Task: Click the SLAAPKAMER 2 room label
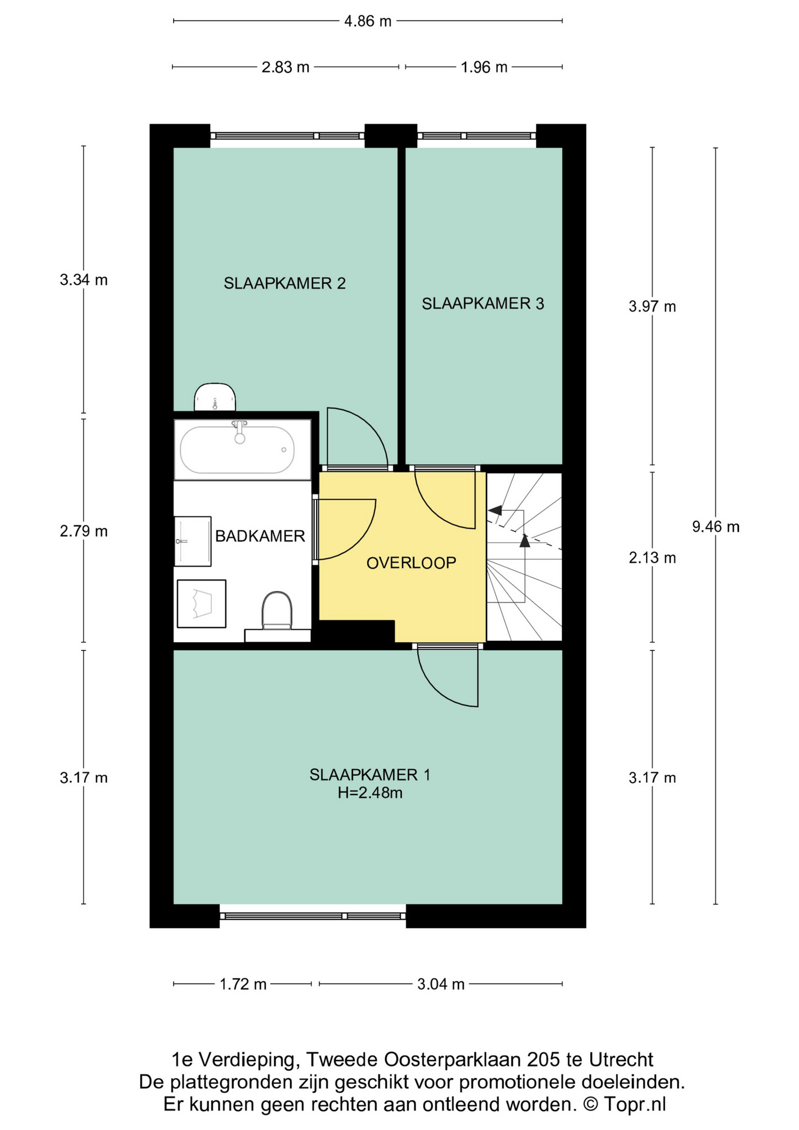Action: [284, 283]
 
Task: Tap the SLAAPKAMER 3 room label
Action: [482, 304]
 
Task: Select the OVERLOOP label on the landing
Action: [411, 563]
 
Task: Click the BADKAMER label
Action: [260, 536]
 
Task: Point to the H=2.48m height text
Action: [370, 793]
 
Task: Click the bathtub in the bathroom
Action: [237, 450]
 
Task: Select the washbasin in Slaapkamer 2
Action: [215, 397]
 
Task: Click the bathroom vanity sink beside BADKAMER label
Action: [192, 541]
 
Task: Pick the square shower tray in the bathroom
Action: [202, 604]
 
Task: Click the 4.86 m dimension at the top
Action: [368, 21]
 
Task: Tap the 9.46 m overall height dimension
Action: [715, 527]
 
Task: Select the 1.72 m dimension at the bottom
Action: [243, 984]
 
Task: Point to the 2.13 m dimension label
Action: [652, 557]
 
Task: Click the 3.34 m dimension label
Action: [84, 280]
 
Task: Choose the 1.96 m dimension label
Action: [484, 67]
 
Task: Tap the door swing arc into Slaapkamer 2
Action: [368, 424]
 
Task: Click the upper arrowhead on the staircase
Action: [495, 510]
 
